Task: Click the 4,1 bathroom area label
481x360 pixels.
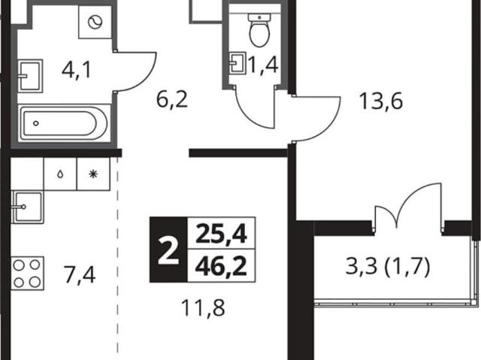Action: pyautogui.click(x=76, y=70)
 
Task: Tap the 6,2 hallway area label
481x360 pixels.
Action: pyautogui.click(x=172, y=100)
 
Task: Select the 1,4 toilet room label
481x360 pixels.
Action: pyautogui.click(x=264, y=65)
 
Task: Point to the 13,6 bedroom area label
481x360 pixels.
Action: pyautogui.click(x=380, y=101)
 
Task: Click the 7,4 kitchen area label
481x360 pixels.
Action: pyautogui.click(x=79, y=275)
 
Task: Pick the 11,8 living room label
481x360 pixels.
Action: pyautogui.click(x=203, y=308)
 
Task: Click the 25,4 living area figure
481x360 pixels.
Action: pyautogui.click(x=221, y=233)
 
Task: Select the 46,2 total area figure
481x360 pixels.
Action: pyautogui.click(x=221, y=266)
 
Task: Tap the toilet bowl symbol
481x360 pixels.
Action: pyautogui.click(x=259, y=30)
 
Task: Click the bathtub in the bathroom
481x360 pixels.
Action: pyautogui.click(x=64, y=123)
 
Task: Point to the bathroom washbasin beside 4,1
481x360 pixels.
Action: pyautogui.click(x=30, y=76)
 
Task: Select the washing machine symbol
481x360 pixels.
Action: pyautogui.click(x=95, y=22)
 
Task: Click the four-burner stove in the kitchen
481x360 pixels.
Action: pyautogui.click(x=27, y=274)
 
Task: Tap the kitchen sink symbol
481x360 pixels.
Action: pyautogui.click(x=27, y=207)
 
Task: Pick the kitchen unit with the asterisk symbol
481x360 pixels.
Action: pyautogui.click(x=93, y=174)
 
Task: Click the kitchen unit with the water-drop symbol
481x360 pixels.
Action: pyautogui.click(x=60, y=174)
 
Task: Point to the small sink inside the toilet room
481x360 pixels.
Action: pyautogui.click(x=238, y=63)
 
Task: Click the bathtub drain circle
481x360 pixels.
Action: pyautogui.click(x=36, y=123)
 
